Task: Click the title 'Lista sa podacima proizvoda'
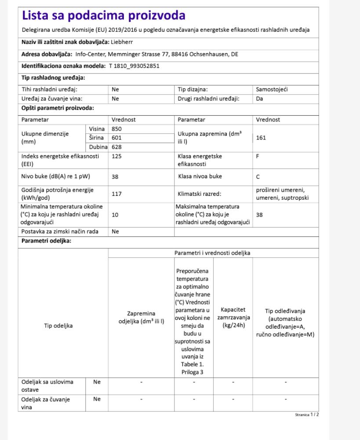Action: pyautogui.click(x=103, y=16)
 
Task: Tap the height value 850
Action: pyautogui.click(x=116, y=129)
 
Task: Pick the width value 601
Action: pyautogui.click(x=116, y=138)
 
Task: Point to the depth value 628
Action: pyautogui.click(x=116, y=147)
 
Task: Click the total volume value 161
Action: pyautogui.click(x=261, y=138)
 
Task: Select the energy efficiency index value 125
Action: pyautogui.click(x=116, y=156)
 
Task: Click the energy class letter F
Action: pyautogui.click(x=258, y=156)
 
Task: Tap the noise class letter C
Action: pyautogui.click(x=258, y=176)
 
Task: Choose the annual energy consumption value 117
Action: pyautogui.click(x=116, y=194)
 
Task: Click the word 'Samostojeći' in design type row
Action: pyautogui.click(x=272, y=89)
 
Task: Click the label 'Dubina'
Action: pyautogui.click(x=98, y=147)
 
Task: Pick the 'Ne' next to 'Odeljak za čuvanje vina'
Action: pyautogui.click(x=97, y=399)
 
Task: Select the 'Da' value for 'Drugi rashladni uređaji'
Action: pyautogui.click(x=259, y=99)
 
